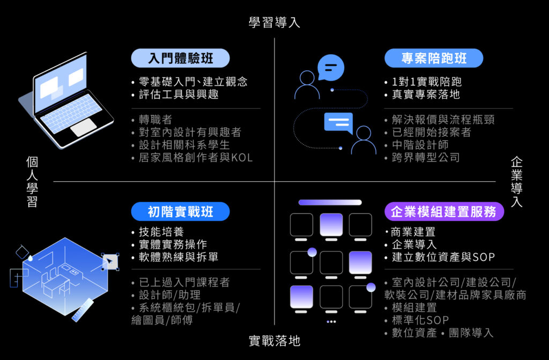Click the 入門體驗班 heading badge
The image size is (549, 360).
click(180, 58)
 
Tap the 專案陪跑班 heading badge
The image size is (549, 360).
click(434, 58)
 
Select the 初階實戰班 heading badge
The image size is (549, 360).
click(180, 211)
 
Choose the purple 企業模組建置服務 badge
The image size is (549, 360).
click(444, 211)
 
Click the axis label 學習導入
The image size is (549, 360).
click(274, 23)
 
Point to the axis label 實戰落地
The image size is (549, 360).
click(274, 341)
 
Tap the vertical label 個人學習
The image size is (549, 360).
click(32, 181)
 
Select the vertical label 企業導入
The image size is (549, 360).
click(517, 181)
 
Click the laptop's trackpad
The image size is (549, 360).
click(83, 127)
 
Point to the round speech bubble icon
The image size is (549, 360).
click(330, 67)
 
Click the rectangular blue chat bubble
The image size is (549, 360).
click(338, 123)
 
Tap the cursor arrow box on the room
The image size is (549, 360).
click(110, 261)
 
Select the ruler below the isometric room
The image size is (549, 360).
click(83, 310)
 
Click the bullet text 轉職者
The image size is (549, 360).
click(155, 120)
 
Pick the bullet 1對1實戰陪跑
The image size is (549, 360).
click(426, 82)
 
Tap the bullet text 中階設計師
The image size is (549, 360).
click(420, 145)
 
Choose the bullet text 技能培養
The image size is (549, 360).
click(161, 232)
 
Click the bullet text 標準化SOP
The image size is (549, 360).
click(420, 320)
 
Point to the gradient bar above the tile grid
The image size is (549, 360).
click(330, 202)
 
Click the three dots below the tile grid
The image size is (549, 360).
click(331, 321)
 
